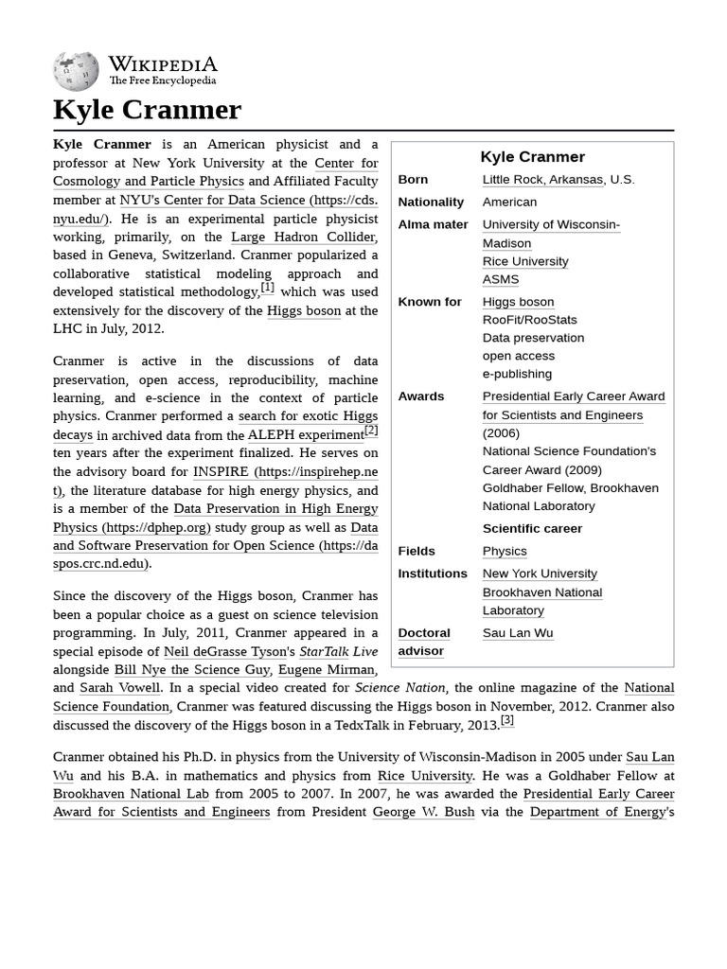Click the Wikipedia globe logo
pyautogui.click(x=76, y=70)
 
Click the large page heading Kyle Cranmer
pyautogui.click(x=147, y=110)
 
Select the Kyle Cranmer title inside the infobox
pyautogui.click(x=532, y=157)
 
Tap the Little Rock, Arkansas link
pyautogui.click(x=542, y=180)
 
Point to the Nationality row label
pyautogui.click(x=431, y=203)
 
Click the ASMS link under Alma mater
pyautogui.click(x=500, y=280)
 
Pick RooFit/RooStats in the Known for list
pyautogui.click(x=529, y=320)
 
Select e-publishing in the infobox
pyautogui.click(x=517, y=374)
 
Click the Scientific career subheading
pyautogui.click(x=532, y=529)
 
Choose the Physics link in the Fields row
pyautogui.click(x=504, y=552)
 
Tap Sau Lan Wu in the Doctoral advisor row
pyautogui.click(x=517, y=633)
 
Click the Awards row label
pyautogui.click(x=420, y=396)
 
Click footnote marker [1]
pyautogui.click(x=267, y=288)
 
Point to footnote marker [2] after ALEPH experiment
pyautogui.click(x=371, y=431)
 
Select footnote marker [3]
pyautogui.click(x=507, y=721)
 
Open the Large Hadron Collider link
pyautogui.click(x=303, y=238)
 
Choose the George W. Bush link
pyautogui.click(x=423, y=813)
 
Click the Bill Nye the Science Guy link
pyautogui.click(x=191, y=670)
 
